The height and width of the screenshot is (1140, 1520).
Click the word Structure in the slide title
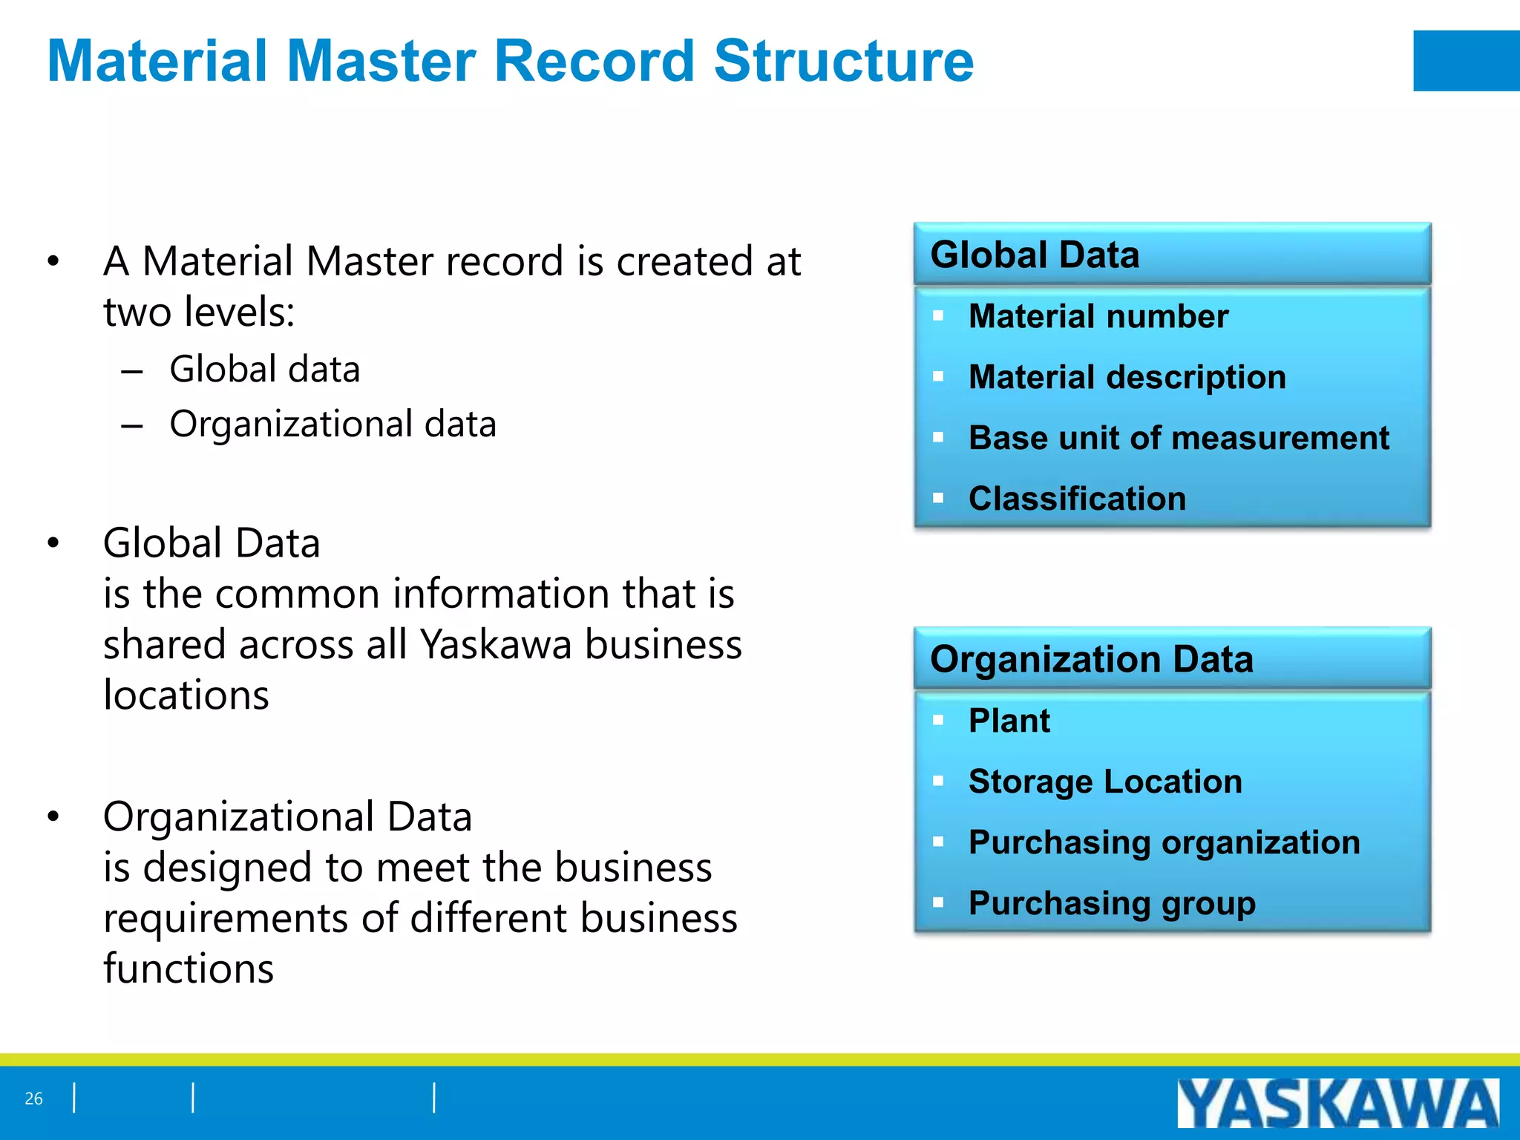(843, 61)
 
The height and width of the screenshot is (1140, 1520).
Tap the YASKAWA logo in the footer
(1337, 1103)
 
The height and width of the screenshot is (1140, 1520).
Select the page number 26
(33, 1098)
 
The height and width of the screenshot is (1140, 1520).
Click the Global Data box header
(1035, 255)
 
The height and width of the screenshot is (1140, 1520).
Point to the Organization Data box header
(1091, 659)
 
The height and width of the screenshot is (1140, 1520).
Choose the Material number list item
(1098, 316)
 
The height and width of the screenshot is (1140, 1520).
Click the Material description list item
(1127, 377)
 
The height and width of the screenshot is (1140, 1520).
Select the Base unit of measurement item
(1179, 438)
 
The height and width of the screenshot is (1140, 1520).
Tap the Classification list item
(1077, 499)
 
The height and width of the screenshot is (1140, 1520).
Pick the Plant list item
(1009, 721)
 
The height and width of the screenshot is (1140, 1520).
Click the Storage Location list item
(1105, 782)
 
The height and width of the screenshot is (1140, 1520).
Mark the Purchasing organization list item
(1164, 842)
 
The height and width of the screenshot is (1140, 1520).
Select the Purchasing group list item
(1112, 903)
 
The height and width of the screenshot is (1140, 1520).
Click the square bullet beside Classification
(938, 498)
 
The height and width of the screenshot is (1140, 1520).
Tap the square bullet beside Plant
(938, 720)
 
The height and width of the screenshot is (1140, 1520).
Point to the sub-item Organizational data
(332, 425)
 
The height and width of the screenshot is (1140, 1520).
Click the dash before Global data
(132, 371)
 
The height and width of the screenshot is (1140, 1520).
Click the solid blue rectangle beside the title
(1466, 61)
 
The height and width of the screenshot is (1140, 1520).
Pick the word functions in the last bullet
(189, 969)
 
